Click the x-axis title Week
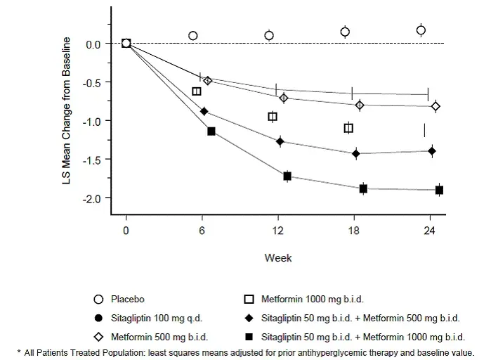point(277,258)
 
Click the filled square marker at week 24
point(439,190)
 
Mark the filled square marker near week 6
point(211,131)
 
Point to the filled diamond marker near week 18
point(355,153)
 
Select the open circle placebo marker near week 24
point(421,30)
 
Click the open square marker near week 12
point(273,117)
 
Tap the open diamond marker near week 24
point(436,106)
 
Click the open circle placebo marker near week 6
point(193,35)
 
